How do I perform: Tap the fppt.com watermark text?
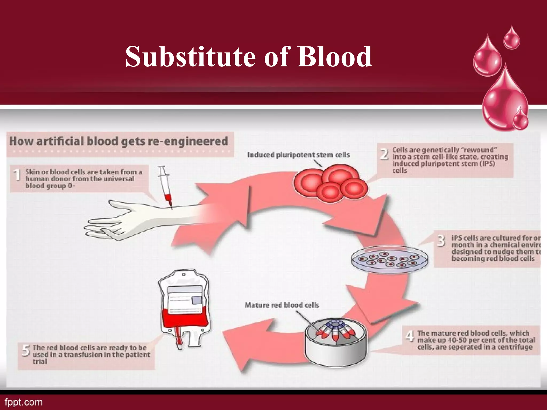point(24,402)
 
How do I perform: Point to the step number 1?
point(17,176)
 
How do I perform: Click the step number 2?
point(384,154)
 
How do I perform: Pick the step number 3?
point(441,241)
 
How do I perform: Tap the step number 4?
point(410,336)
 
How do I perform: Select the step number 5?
point(26,350)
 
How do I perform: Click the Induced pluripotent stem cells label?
point(298,155)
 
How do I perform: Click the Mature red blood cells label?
point(282,305)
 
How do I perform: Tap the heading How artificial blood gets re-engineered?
point(119,141)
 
